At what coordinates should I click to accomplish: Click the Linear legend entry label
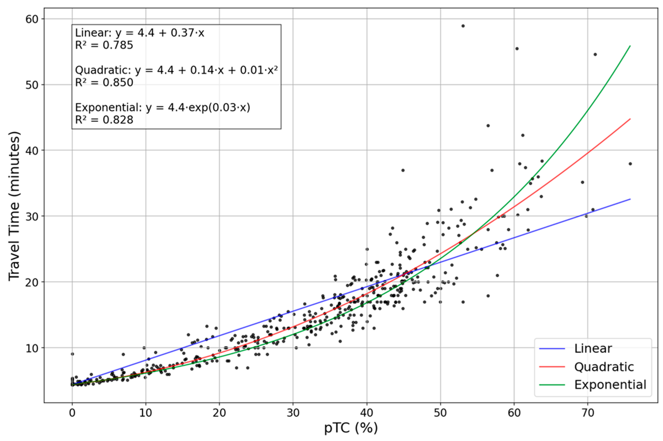[593, 349]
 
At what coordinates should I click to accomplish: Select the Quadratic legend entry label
[604, 367]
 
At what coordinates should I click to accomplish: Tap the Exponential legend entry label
[610, 385]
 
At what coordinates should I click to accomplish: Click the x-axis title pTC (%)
[351, 428]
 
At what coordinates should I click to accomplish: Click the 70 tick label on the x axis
[588, 413]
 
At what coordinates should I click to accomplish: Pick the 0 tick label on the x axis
[72, 413]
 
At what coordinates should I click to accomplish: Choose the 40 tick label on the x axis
[367, 413]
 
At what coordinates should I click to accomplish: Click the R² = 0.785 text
[104, 45]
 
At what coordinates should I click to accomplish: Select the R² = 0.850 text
[104, 82]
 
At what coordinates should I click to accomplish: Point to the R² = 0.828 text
[104, 120]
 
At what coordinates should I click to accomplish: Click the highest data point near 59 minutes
[463, 26]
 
